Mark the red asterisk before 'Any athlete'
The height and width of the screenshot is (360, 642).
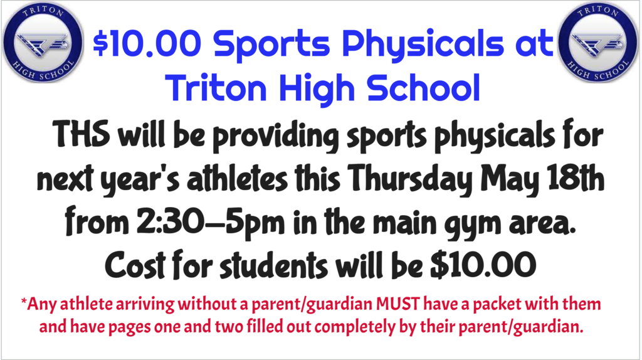click(24, 303)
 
